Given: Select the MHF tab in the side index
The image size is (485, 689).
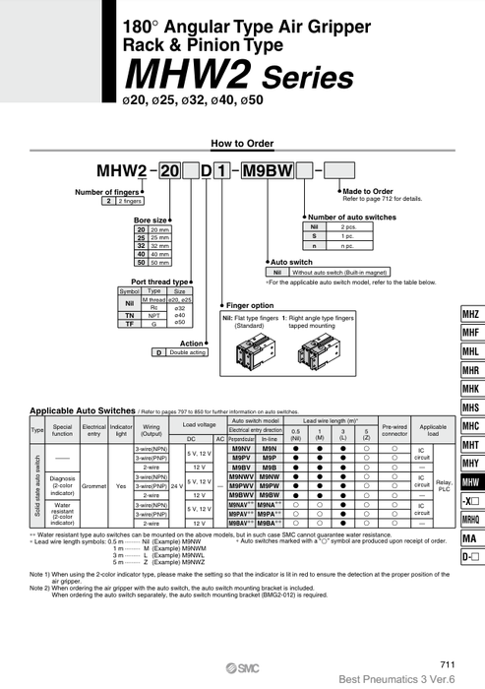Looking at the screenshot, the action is [x=469, y=333].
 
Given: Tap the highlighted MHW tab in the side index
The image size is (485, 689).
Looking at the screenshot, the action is [x=469, y=482].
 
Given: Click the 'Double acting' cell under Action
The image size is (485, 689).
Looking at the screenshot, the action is [x=186, y=351].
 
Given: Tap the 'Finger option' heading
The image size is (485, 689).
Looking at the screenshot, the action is [x=250, y=306].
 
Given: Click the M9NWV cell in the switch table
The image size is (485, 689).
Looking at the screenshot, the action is [x=240, y=475].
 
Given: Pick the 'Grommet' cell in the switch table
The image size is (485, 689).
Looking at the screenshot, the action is [x=94, y=484].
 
